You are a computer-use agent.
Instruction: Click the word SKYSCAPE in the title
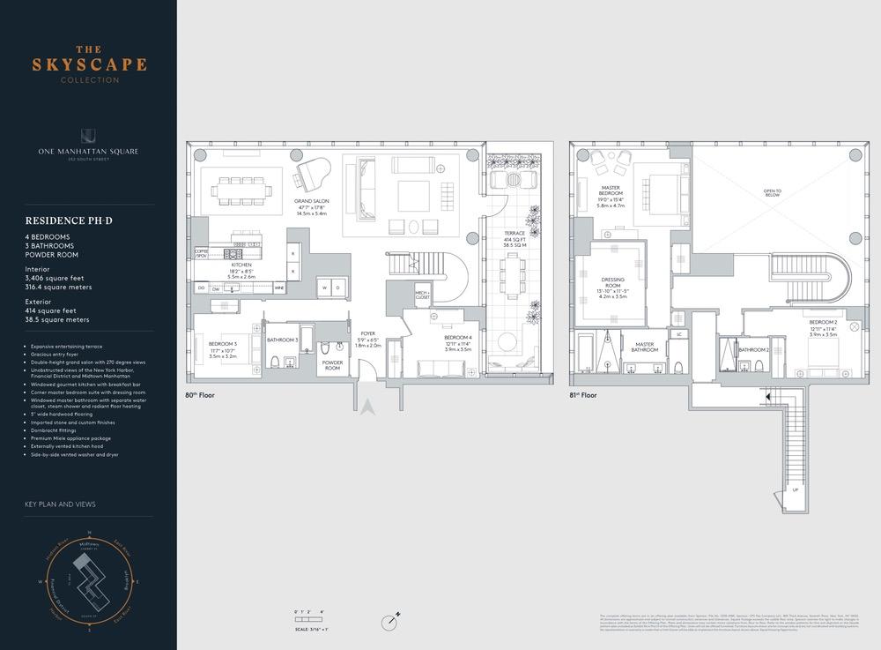click(89, 65)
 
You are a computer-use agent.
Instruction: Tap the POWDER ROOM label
click(332, 364)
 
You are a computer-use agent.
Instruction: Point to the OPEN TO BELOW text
click(772, 194)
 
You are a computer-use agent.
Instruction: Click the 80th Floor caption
click(200, 395)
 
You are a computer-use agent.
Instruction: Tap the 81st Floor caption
click(583, 395)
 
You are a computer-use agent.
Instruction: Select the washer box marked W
click(325, 287)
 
